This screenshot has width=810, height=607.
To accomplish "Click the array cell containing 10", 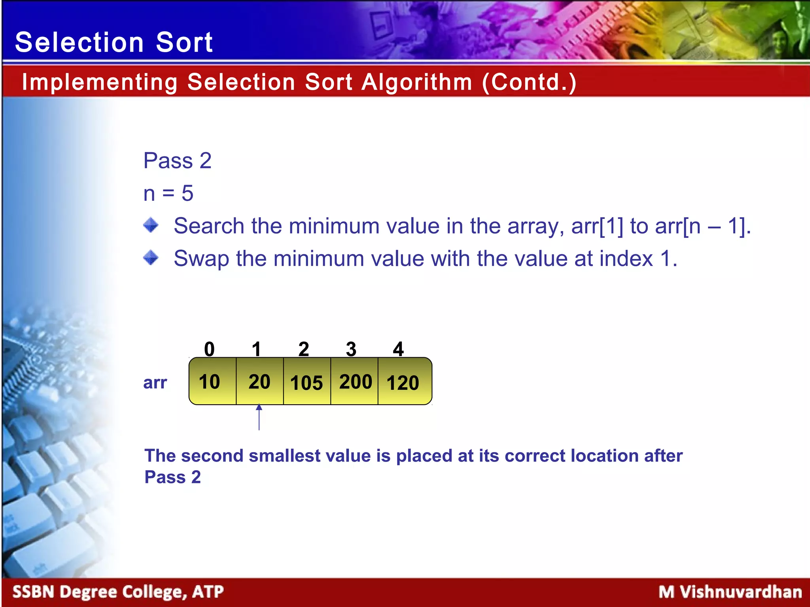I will click(x=212, y=381).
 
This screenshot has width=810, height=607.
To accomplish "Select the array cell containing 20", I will click(x=259, y=381).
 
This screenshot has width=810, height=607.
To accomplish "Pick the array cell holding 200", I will click(x=355, y=381).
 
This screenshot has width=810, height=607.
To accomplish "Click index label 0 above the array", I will click(x=209, y=349).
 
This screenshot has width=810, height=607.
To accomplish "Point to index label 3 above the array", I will click(x=351, y=349).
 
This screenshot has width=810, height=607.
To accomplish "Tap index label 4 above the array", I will click(x=398, y=349).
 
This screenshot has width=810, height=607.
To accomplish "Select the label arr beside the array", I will click(x=155, y=382).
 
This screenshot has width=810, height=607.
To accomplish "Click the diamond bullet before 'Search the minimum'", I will click(x=151, y=225).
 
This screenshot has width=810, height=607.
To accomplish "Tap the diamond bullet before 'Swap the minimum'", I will click(x=151, y=258).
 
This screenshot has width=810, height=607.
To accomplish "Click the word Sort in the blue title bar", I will click(x=184, y=42).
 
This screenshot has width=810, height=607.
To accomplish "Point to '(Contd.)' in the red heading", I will click(x=529, y=82).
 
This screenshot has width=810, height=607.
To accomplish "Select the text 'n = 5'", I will click(x=168, y=193).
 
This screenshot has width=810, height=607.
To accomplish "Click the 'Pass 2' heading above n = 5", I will click(x=178, y=160).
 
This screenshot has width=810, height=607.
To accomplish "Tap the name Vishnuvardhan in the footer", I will click(x=741, y=592).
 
